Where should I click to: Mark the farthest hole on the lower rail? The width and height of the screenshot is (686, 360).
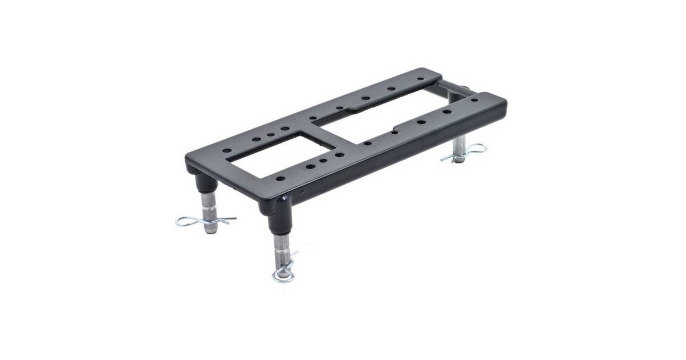474,100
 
